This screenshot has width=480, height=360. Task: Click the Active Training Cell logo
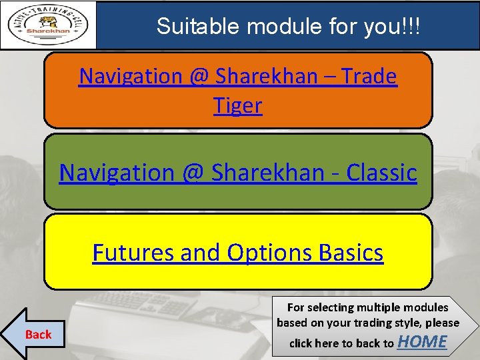[49, 25]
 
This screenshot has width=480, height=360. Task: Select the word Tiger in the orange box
[238, 105]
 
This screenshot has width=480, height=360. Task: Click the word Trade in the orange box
[369, 77]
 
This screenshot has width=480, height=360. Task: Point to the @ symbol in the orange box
[199, 77]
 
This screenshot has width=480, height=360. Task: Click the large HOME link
[422, 341]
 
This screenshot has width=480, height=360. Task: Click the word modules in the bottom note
[425, 307]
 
